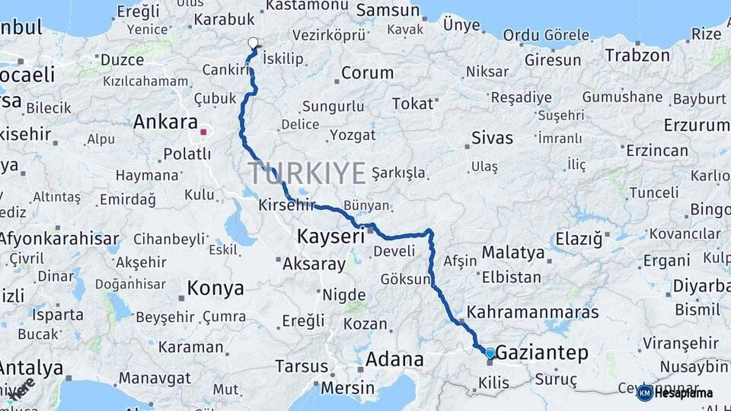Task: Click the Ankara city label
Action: (165, 122)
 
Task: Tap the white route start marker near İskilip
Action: (254, 43)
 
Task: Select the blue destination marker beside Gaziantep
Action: (490, 352)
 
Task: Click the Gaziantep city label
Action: (543, 352)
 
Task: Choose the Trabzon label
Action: (637, 55)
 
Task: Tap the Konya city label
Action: (216, 288)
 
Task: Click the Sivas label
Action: (492, 139)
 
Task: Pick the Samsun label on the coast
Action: (388, 11)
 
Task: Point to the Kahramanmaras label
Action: (533, 312)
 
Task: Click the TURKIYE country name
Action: (307, 174)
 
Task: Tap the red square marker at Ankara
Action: (203, 132)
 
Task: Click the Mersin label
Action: (348, 387)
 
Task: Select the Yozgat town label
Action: (353, 135)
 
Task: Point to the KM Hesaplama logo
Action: (676, 393)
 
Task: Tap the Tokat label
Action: (412, 104)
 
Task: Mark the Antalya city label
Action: (31, 368)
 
